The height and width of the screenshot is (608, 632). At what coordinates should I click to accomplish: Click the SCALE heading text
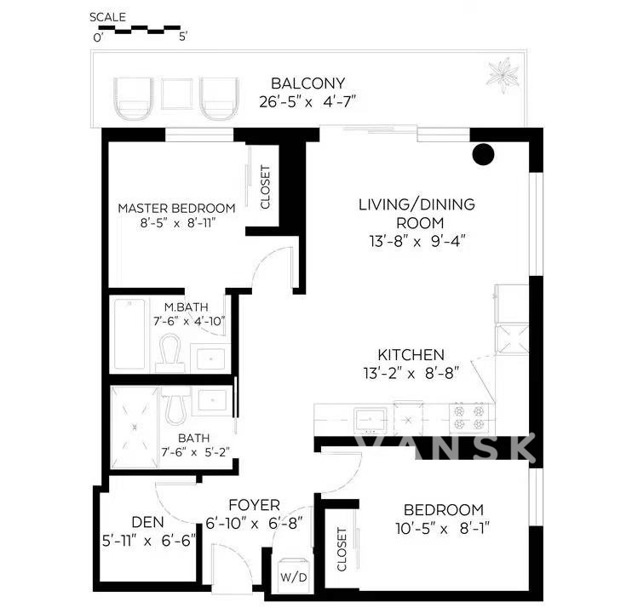pyautogui.click(x=107, y=17)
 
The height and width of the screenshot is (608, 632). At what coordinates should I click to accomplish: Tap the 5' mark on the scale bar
pyautogui.click(x=183, y=37)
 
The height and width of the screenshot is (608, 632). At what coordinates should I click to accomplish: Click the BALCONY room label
pyautogui.click(x=308, y=83)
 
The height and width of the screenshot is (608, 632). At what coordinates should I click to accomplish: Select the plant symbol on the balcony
pyautogui.click(x=503, y=75)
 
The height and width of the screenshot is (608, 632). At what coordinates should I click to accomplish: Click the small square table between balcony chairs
pyautogui.click(x=176, y=94)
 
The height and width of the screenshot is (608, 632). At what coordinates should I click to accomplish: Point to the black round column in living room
pyautogui.click(x=483, y=154)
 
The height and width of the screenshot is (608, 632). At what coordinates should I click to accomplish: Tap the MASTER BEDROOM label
pyautogui.click(x=176, y=209)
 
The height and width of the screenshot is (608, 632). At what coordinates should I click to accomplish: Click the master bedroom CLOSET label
pyautogui.click(x=265, y=187)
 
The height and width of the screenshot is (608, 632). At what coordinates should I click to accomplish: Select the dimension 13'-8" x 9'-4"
pyautogui.click(x=417, y=241)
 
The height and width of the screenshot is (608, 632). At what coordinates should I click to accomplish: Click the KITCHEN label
pyautogui.click(x=411, y=355)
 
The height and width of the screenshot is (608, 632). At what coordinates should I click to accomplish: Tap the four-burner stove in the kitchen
pyautogui.click(x=468, y=418)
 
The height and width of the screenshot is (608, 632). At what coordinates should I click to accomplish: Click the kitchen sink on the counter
pyautogui.click(x=371, y=421)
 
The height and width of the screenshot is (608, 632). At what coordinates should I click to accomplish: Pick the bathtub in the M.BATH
pyautogui.click(x=129, y=334)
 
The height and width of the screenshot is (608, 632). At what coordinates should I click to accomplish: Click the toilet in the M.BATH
pyautogui.click(x=169, y=353)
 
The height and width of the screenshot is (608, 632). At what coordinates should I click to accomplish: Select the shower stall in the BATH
pyautogui.click(x=135, y=427)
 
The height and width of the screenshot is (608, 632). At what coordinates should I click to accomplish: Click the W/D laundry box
pyautogui.click(x=293, y=576)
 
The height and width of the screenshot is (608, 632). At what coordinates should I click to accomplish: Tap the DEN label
pyautogui.click(x=147, y=522)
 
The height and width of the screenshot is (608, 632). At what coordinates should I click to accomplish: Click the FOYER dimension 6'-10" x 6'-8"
pyautogui.click(x=254, y=524)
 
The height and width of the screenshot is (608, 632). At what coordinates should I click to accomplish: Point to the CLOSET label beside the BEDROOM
pyautogui.click(x=342, y=549)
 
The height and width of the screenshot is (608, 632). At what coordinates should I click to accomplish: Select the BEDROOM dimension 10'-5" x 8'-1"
pyautogui.click(x=442, y=528)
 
